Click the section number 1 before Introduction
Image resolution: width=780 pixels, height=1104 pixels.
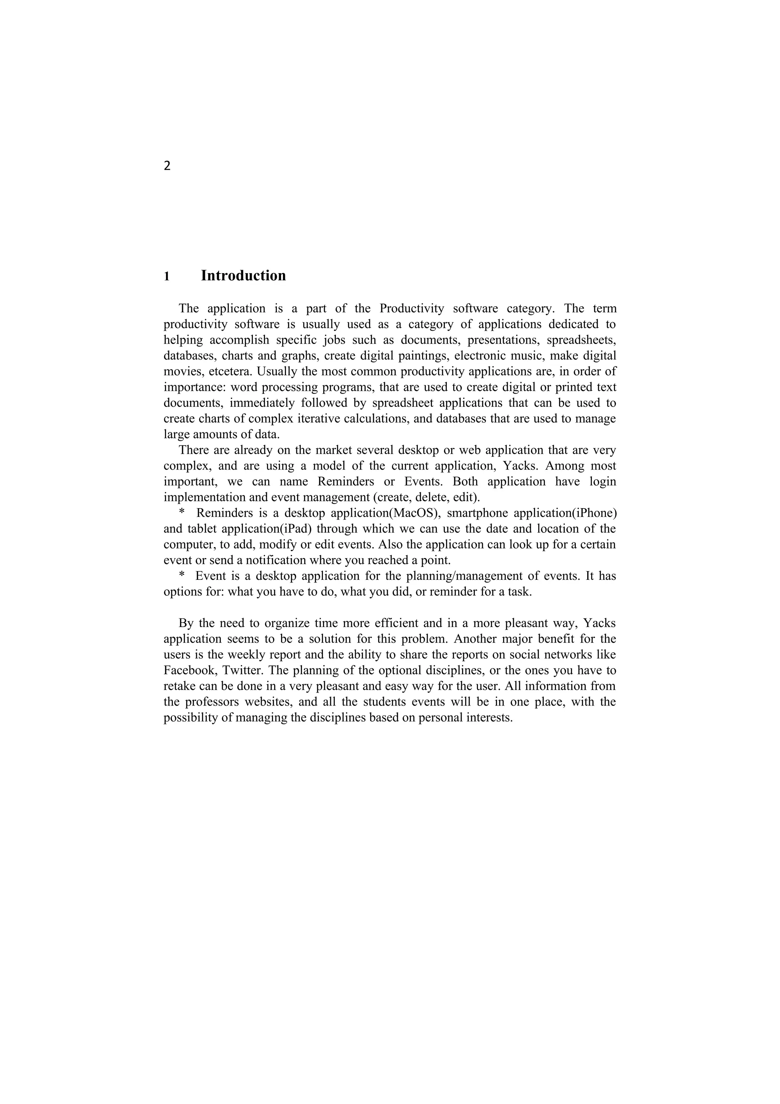[167, 277]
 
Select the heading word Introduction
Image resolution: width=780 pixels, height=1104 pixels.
[243, 276]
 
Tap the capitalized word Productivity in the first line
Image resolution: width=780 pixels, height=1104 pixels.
[411, 308]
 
